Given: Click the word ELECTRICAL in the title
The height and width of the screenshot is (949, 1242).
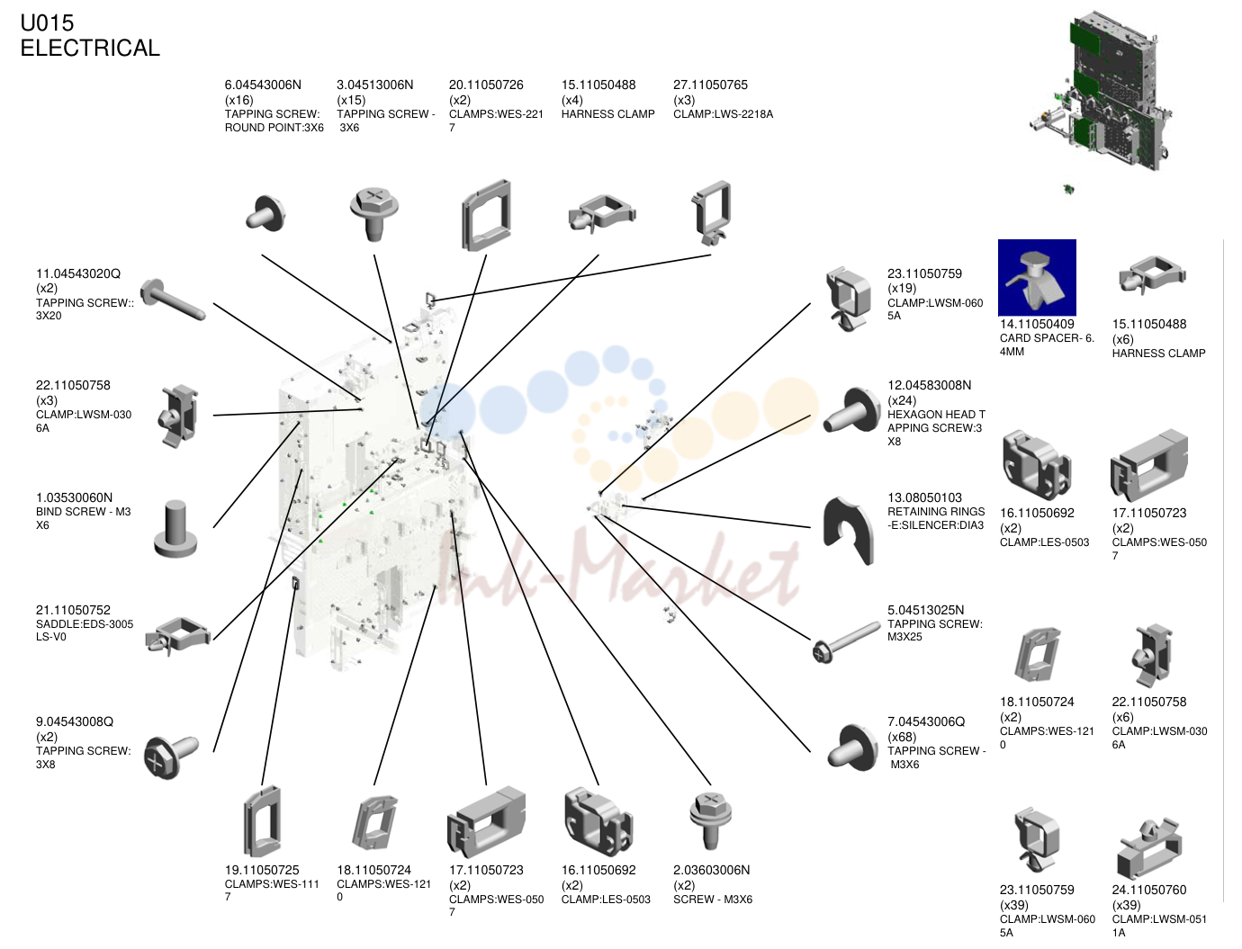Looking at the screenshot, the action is [x=90, y=48].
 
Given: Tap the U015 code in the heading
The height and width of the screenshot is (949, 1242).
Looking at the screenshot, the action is [x=47, y=23].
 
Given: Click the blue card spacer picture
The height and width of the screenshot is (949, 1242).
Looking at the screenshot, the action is [x=1037, y=277].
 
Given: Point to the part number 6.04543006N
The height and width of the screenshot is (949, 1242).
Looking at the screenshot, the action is [x=263, y=85].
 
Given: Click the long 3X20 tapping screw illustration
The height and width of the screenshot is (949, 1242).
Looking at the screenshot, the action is [x=173, y=300].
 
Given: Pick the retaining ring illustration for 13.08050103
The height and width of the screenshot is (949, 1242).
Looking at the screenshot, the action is [x=848, y=531].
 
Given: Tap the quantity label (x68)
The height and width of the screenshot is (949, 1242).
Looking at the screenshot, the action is [x=902, y=737].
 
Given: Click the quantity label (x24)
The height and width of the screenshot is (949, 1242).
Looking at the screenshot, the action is [x=902, y=400].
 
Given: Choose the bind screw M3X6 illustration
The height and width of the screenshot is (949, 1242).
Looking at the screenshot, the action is [x=175, y=528].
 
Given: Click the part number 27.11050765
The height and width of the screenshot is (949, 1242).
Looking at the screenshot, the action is [x=710, y=85].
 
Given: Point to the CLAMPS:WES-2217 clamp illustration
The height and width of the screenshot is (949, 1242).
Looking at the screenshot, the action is [x=486, y=215].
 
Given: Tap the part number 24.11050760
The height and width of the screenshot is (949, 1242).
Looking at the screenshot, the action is [x=1149, y=890].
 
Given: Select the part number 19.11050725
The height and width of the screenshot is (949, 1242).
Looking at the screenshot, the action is [x=262, y=870].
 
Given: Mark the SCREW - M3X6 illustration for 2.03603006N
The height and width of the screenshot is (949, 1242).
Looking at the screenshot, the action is [x=711, y=820].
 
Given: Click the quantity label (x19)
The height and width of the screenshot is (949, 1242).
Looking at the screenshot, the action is [x=902, y=288].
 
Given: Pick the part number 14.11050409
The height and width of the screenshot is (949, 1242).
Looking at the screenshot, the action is [x=1037, y=324].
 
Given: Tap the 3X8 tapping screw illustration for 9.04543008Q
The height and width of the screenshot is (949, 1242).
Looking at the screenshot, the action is [x=171, y=757].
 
